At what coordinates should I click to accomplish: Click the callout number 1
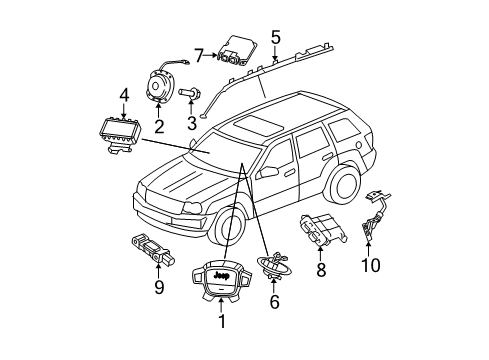pyautogui.click(x=222, y=323)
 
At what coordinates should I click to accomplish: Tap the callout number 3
pyautogui.click(x=191, y=124)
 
